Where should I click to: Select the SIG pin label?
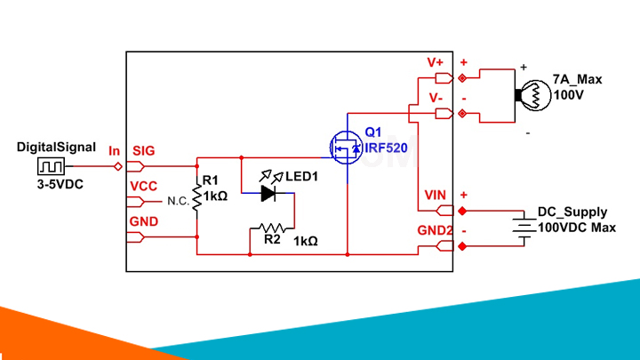point(143,151)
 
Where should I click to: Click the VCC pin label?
point(143,186)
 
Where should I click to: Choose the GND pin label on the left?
point(143,220)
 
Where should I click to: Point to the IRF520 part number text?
point(386,148)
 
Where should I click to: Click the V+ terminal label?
point(436,63)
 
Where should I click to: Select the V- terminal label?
point(436,97)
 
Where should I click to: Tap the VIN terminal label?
point(434,196)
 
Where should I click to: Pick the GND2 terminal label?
point(436,230)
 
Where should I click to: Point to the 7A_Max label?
point(577,79)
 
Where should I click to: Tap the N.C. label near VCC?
point(178,202)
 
